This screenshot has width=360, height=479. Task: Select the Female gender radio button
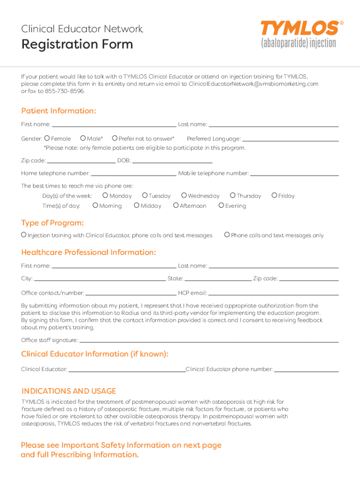pos(47,138)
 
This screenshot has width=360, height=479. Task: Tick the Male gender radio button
pos(83,138)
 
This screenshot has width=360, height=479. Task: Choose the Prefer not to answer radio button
pos(115,138)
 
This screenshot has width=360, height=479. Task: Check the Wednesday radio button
pos(184,196)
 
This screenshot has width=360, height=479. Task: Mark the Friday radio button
pos(274,196)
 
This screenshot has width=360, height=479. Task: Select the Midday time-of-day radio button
pos(137,205)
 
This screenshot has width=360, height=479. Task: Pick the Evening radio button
pos(221,205)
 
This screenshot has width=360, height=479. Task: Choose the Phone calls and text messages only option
pos(227,235)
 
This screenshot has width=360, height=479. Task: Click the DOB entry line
pos(172,161)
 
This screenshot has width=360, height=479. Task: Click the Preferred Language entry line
pos(290,139)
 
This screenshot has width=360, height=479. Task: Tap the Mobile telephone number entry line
pos(294,174)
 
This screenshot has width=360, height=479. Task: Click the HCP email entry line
pos(273,294)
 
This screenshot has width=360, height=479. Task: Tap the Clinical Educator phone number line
pos(306,370)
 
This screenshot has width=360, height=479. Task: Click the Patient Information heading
pos(59,111)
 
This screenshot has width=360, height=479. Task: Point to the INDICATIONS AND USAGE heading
pos(69,391)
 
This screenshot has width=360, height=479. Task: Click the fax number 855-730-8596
pos(65,91)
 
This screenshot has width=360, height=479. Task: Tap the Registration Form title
pos(77,44)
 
